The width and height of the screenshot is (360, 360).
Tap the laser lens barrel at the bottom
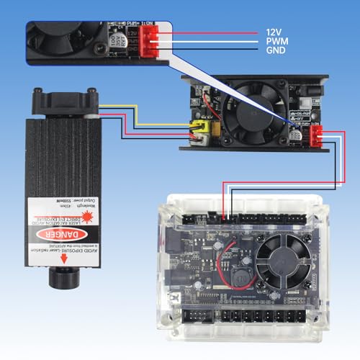point(58,277)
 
